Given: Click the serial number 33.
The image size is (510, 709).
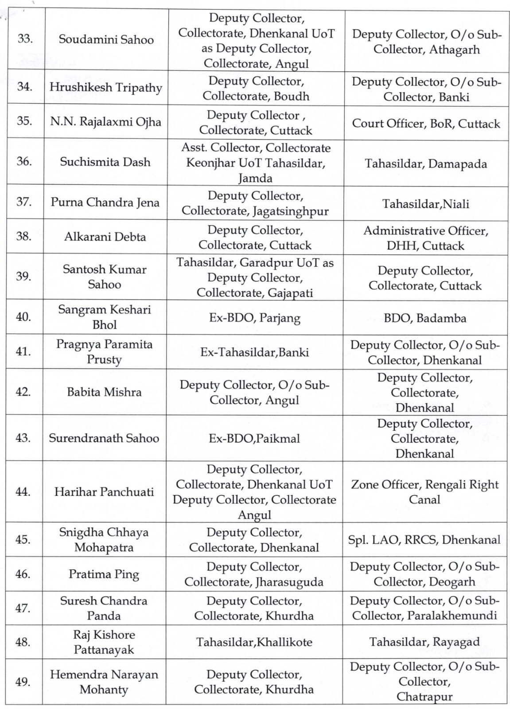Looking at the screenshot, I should click(25, 39).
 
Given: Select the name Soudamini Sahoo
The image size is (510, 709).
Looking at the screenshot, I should click(106, 40).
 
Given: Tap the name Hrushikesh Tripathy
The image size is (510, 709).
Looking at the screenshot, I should click(105, 87).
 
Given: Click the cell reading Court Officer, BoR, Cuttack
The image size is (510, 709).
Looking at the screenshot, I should click(426, 124).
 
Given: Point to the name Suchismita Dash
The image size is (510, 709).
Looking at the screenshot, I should click(105, 162).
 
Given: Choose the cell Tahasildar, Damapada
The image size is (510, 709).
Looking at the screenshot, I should click(425, 164).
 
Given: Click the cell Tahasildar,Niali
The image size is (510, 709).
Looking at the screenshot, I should click(425, 204).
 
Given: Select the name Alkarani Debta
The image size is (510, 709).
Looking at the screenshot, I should click(105, 237).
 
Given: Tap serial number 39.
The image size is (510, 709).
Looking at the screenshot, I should click(23, 277).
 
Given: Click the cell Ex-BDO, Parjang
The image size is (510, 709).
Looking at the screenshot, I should click(254, 318).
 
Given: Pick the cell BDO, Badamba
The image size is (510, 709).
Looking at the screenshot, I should click(425, 318).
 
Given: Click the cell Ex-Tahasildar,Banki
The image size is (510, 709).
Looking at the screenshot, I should click(254, 353).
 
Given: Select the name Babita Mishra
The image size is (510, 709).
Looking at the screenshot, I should click(104, 392).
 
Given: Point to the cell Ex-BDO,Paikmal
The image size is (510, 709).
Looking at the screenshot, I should click(254, 439).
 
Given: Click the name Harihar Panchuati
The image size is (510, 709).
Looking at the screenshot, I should click(104, 492).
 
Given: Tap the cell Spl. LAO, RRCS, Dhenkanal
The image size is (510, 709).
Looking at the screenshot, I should click(424, 540).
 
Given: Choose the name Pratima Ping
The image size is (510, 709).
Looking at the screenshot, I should click(104, 574).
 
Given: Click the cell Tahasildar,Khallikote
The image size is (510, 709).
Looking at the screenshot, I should click(254, 642).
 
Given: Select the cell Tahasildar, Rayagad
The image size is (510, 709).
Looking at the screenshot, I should click(424, 642).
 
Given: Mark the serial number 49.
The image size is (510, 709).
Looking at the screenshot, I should click(23, 682).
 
